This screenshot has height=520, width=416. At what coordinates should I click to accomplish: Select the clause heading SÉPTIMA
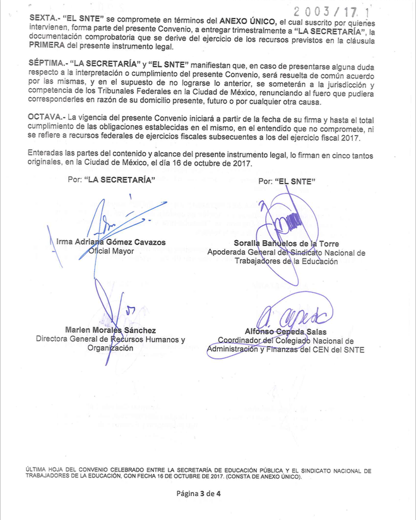point(50,65)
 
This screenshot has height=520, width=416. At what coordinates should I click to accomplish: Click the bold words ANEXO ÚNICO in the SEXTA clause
point(247,21)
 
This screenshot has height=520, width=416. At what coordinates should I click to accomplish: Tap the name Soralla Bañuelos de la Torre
point(286,243)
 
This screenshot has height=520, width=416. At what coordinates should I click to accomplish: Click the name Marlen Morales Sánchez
point(110,330)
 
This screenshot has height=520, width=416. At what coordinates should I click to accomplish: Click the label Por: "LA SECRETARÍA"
point(111,179)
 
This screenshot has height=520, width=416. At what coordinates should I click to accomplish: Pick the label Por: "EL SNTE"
point(287,181)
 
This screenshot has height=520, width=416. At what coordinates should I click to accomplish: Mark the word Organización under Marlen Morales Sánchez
point(110,348)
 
